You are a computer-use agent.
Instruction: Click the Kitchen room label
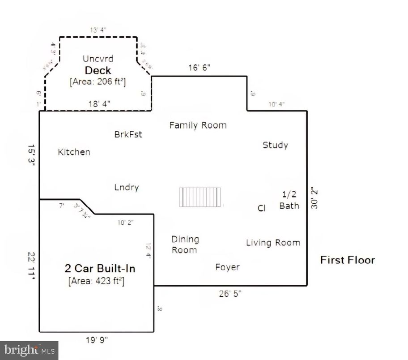(x=74, y=152)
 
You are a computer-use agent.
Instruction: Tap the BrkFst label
(x=128, y=134)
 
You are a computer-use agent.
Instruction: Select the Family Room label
(x=198, y=125)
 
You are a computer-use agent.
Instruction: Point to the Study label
(x=275, y=145)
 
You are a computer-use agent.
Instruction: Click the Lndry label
(x=126, y=188)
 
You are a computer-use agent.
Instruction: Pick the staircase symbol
(x=200, y=197)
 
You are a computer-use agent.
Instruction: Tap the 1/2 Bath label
(x=289, y=200)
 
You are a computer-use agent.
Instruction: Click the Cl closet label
(x=262, y=208)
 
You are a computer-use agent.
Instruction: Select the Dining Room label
(x=185, y=245)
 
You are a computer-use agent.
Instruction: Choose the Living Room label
(x=273, y=243)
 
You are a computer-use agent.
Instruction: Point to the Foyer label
(x=227, y=267)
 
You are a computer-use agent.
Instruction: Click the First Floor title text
(x=347, y=260)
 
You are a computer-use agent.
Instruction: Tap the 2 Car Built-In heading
(x=100, y=269)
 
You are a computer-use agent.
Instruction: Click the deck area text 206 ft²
(x=97, y=82)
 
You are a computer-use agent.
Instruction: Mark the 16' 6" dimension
(x=199, y=68)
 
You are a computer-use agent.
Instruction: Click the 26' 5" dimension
(x=230, y=294)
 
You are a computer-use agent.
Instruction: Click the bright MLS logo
(x=29, y=350)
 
